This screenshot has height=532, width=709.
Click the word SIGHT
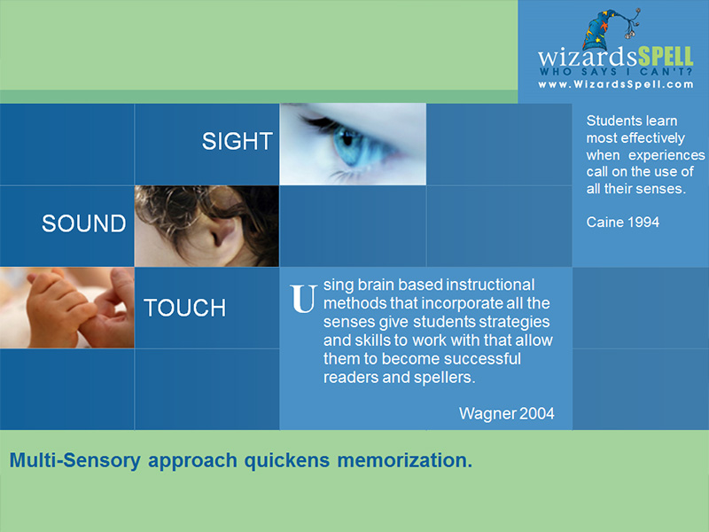click(x=238, y=141)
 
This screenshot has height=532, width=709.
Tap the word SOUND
click(x=84, y=223)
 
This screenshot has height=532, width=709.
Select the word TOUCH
click(x=184, y=308)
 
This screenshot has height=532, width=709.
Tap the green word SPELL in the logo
click(x=666, y=57)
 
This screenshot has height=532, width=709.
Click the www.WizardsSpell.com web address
click(x=615, y=84)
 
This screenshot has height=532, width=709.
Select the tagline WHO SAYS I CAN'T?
click(x=616, y=72)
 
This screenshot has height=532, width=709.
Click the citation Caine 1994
click(x=623, y=223)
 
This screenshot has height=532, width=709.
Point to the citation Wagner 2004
click(x=506, y=413)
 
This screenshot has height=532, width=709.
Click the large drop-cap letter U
click(x=302, y=299)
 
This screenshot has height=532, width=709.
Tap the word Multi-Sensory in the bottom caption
click(x=75, y=460)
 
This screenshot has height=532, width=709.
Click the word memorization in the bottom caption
click(x=405, y=460)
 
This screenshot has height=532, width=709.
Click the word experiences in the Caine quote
click(x=666, y=155)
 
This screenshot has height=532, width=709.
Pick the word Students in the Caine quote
click(x=608, y=121)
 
